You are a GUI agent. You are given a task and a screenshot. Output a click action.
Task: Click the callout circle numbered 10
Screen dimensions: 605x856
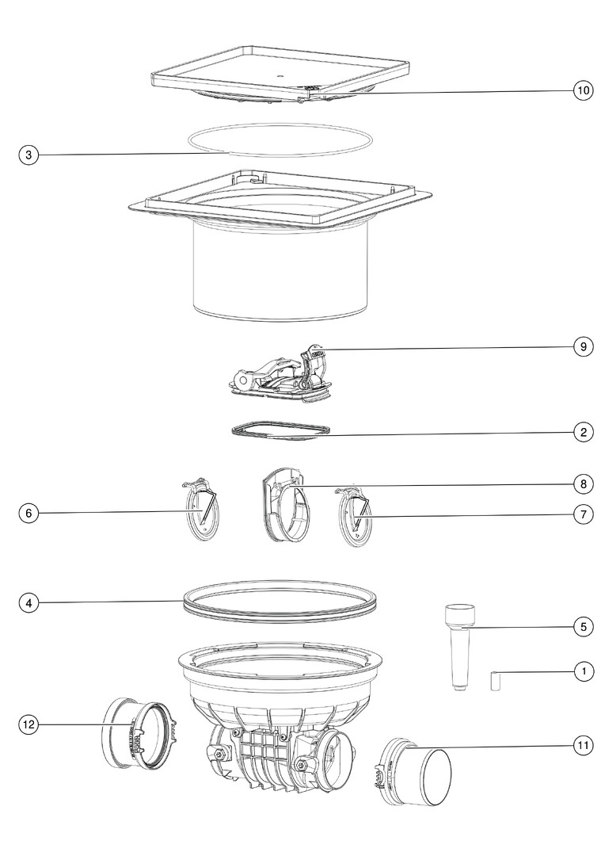tap(583, 90)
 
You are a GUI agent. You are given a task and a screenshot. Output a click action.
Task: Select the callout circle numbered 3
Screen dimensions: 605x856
tap(29, 155)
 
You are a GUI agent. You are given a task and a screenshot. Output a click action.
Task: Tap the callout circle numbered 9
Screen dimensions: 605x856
tap(583, 346)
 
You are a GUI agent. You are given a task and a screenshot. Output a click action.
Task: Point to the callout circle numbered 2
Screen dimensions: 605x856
tap(583, 433)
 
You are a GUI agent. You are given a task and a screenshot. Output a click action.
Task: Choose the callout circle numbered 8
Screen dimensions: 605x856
tap(583, 483)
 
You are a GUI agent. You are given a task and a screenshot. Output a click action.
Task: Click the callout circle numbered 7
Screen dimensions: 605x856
tap(583, 514)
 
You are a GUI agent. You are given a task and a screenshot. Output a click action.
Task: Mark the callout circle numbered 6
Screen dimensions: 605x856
tap(29, 513)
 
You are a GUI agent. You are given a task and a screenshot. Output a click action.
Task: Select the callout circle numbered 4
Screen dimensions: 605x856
tap(29, 603)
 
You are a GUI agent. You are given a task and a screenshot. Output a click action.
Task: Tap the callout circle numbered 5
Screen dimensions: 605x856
tap(583, 627)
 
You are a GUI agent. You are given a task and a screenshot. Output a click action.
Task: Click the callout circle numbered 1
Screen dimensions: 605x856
tap(583, 671)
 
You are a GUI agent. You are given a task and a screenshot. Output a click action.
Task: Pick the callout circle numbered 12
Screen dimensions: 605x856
tap(29, 724)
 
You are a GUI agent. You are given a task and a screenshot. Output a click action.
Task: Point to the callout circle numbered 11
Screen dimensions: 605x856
tap(583, 746)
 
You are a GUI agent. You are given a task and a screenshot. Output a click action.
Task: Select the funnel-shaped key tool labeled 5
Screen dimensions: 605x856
tap(459, 646)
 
